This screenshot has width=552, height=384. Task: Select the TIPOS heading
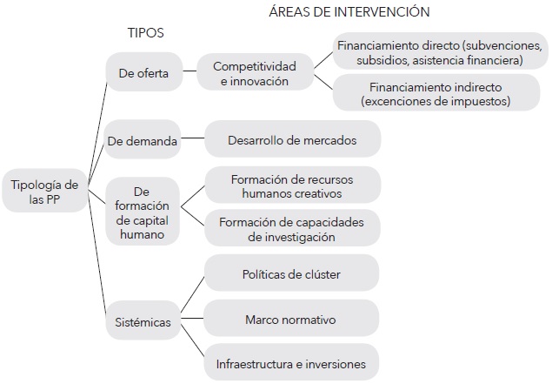pyautogui.click(x=146, y=32)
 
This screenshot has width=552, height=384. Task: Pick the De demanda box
pyautogui.click(x=143, y=140)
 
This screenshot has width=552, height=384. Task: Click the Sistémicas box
pyautogui.click(x=144, y=322)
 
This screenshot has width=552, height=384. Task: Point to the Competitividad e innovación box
pyautogui.click(x=254, y=73)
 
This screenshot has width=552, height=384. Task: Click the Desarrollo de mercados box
pyautogui.click(x=291, y=139)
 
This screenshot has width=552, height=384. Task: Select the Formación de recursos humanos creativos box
pyautogui.click(x=291, y=185)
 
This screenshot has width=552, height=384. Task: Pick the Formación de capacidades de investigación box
pyautogui.click(x=291, y=228)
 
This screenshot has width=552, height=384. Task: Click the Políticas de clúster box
pyautogui.click(x=291, y=274)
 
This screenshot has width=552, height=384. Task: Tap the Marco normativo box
pyautogui.click(x=291, y=320)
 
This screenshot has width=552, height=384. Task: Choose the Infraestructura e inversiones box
pyautogui.click(x=291, y=364)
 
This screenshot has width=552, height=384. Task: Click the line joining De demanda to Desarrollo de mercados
pyautogui.click(x=192, y=139)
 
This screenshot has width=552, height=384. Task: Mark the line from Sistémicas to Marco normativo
pyautogui.click(x=193, y=320)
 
